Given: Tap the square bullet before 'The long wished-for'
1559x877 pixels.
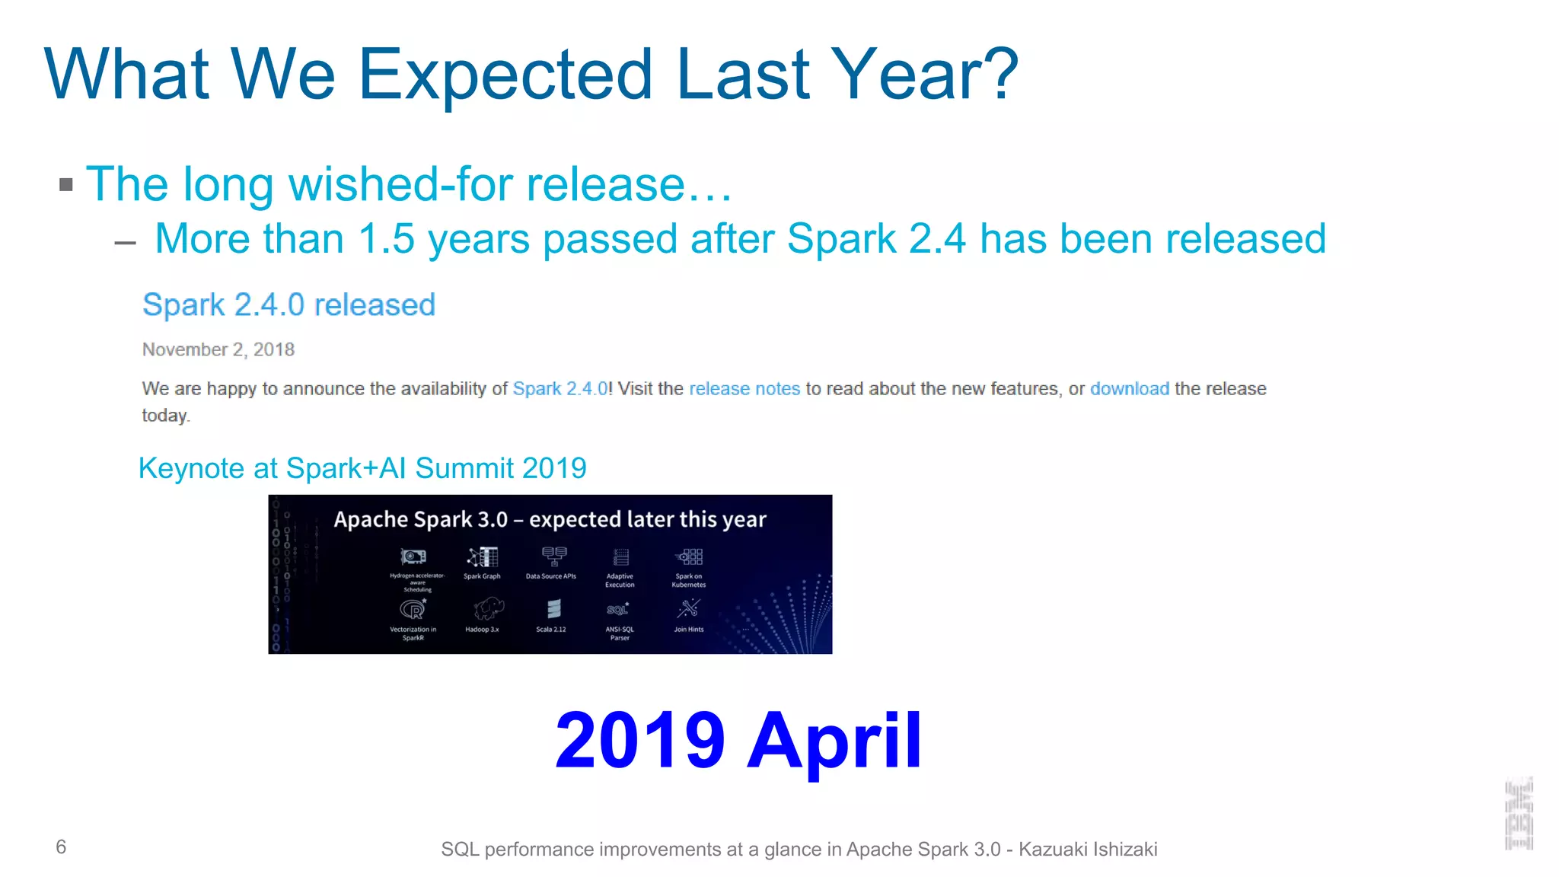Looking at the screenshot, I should tap(66, 185).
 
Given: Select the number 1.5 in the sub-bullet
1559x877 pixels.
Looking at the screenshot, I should tap(386, 239).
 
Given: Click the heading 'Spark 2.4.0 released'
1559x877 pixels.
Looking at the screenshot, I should tap(289, 305).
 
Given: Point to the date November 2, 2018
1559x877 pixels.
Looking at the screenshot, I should tap(218, 349).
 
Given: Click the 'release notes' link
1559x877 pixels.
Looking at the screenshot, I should tap(744, 389).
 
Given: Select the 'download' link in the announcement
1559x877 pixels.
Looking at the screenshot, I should tap(1129, 389).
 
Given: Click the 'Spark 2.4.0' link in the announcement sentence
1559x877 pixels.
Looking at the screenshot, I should tap(560, 389).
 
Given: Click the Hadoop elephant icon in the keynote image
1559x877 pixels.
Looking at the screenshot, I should tap(487, 608).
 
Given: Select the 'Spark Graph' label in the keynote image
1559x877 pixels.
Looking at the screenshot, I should tap(482, 576).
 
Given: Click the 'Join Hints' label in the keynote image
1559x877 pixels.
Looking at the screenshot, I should tap(688, 630).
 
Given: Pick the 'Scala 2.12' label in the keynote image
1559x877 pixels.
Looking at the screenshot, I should tap(550, 630).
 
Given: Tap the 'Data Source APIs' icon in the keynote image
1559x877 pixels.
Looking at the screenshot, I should tap(553, 556).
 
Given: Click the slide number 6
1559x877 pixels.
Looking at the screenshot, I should tap(61, 847).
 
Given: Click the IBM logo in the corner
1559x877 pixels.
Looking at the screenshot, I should tap(1519, 814).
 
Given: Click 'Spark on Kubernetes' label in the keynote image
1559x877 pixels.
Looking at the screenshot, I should tap(688, 580).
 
